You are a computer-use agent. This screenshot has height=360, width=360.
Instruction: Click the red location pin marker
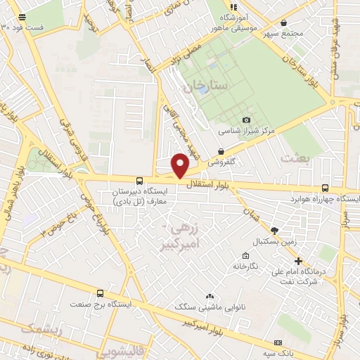[181, 165]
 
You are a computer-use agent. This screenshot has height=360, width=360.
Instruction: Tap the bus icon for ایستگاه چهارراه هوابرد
[324, 188]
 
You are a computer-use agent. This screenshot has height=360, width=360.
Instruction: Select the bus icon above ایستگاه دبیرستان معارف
[139, 181]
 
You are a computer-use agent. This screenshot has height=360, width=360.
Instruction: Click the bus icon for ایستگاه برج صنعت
[99, 293]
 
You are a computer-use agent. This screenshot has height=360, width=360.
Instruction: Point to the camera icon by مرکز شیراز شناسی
[245, 120]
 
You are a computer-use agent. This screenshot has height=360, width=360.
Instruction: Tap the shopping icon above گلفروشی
[221, 151]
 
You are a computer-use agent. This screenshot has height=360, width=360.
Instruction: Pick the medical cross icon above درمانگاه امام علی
[298, 260]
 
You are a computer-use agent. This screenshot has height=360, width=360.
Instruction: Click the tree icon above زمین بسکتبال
[274, 230]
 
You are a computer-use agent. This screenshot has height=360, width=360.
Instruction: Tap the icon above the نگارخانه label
[245, 255]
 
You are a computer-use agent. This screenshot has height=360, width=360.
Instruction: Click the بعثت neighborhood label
[295, 158]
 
